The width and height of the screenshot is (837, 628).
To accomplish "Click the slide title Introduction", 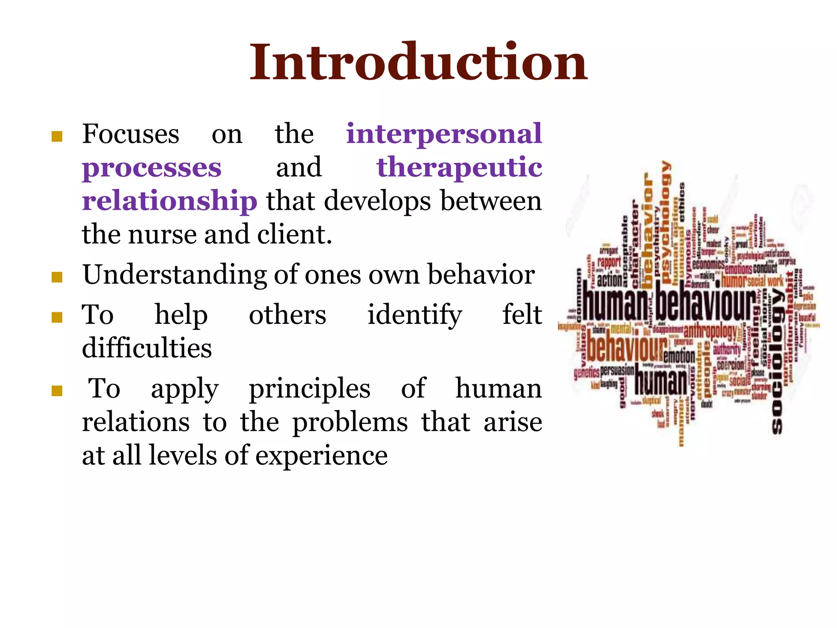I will (x=418, y=62).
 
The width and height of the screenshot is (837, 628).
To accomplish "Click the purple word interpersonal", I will (x=444, y=134).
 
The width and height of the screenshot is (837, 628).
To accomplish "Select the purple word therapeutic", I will (x=459, y=167).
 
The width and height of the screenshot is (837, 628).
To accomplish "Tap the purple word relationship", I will (x=170, y=201).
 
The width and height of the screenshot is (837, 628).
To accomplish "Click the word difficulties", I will (x=147, y=348).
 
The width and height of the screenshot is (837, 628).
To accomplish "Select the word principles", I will (x=309, y=389).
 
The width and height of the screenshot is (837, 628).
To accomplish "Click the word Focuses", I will (x=131, y=134).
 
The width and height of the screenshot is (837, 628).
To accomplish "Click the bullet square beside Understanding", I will (x=57, y=278).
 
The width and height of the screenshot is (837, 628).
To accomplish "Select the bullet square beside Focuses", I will (x=57, y=137).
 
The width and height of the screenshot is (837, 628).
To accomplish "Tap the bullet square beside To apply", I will (x=57, y=391).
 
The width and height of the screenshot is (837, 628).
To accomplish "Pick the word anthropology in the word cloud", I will (x=710, y=330).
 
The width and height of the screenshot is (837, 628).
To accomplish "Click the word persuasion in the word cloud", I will (x=617, y=370).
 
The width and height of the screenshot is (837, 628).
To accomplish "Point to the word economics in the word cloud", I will (x=708, y=265).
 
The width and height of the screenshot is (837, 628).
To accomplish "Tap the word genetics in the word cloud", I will (x=586, y=372).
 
